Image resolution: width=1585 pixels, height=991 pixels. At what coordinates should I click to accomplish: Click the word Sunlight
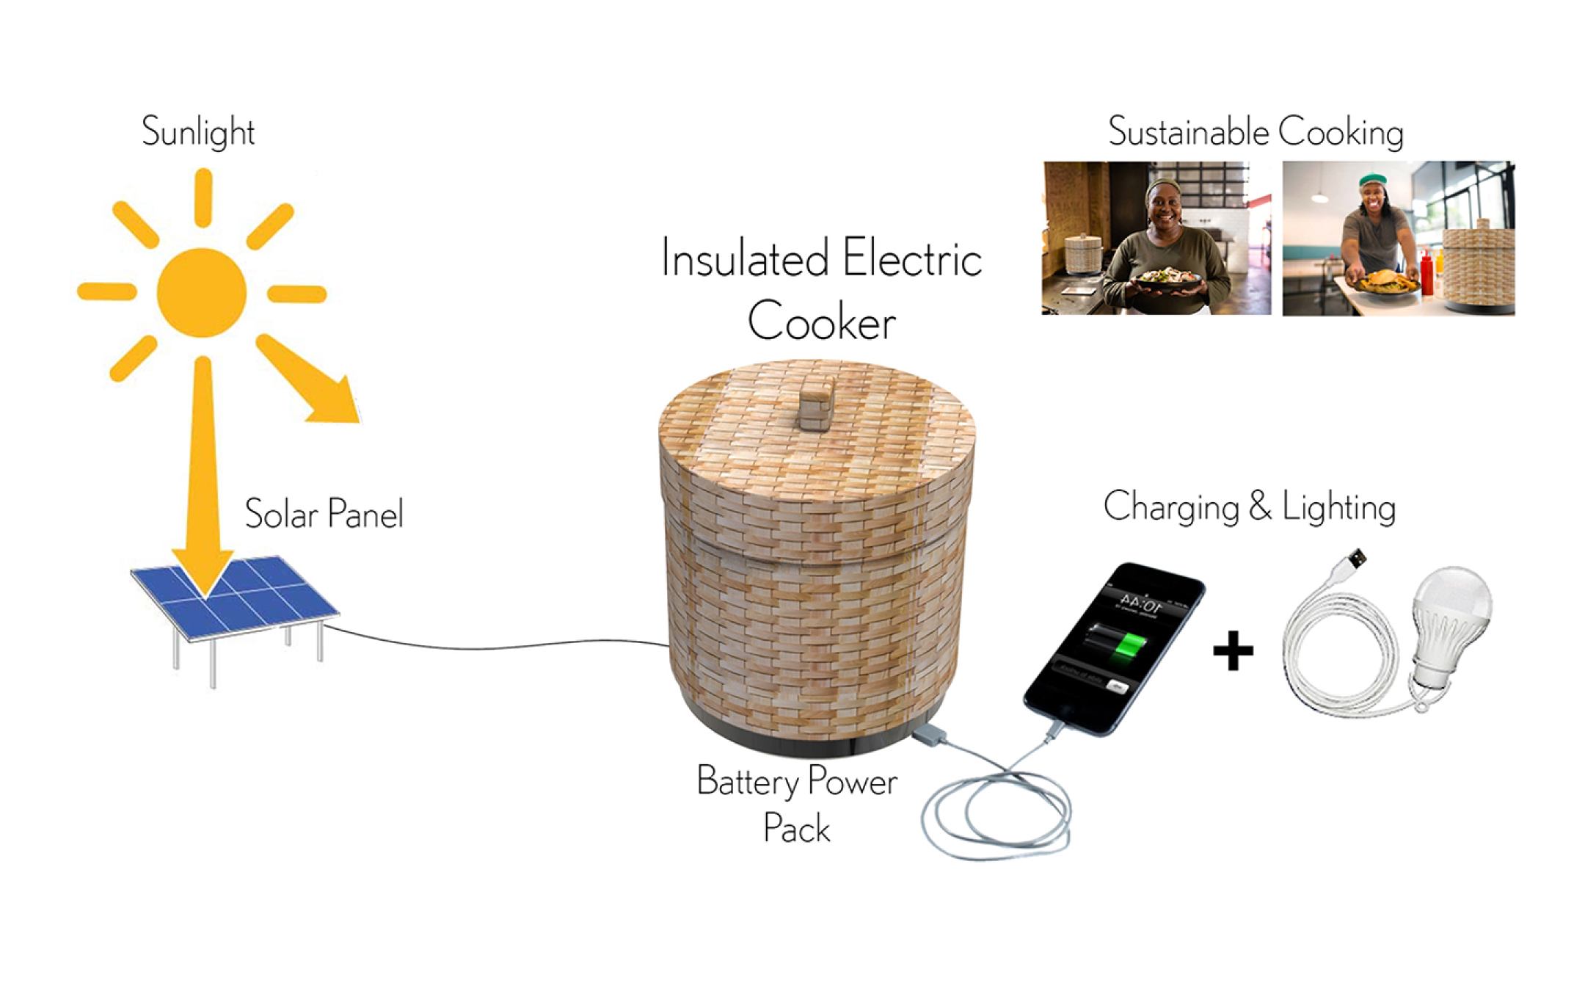coord(197,132)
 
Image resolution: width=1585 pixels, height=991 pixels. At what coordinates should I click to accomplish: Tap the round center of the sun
coord(201,292)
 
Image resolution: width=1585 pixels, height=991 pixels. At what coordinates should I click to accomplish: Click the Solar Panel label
coord(324,513)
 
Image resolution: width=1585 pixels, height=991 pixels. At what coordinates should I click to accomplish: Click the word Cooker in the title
coord(821,322)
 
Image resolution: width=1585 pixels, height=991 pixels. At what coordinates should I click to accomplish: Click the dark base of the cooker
coord(807,741)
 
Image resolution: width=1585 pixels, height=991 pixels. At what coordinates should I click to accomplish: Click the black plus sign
coord(1233,650)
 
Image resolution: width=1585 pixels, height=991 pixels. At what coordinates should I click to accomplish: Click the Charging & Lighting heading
coord(1249,507)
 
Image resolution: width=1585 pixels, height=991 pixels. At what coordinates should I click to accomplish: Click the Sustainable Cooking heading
coord(1255,132)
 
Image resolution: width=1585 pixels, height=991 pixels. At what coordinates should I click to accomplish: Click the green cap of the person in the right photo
coord(1371,179)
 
